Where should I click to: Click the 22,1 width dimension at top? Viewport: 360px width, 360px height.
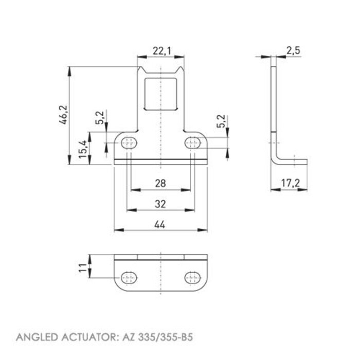[160, 51]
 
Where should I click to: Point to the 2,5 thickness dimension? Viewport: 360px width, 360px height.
[294, 50]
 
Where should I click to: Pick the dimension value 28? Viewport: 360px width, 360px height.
[160, 183]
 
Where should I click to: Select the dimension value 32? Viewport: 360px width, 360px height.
[160, 204]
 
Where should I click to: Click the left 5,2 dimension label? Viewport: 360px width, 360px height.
[100, 118]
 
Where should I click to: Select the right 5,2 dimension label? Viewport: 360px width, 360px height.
[221, 121]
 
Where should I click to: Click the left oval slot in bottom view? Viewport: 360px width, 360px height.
[129, 279]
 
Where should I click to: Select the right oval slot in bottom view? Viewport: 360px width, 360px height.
[193, 279]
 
